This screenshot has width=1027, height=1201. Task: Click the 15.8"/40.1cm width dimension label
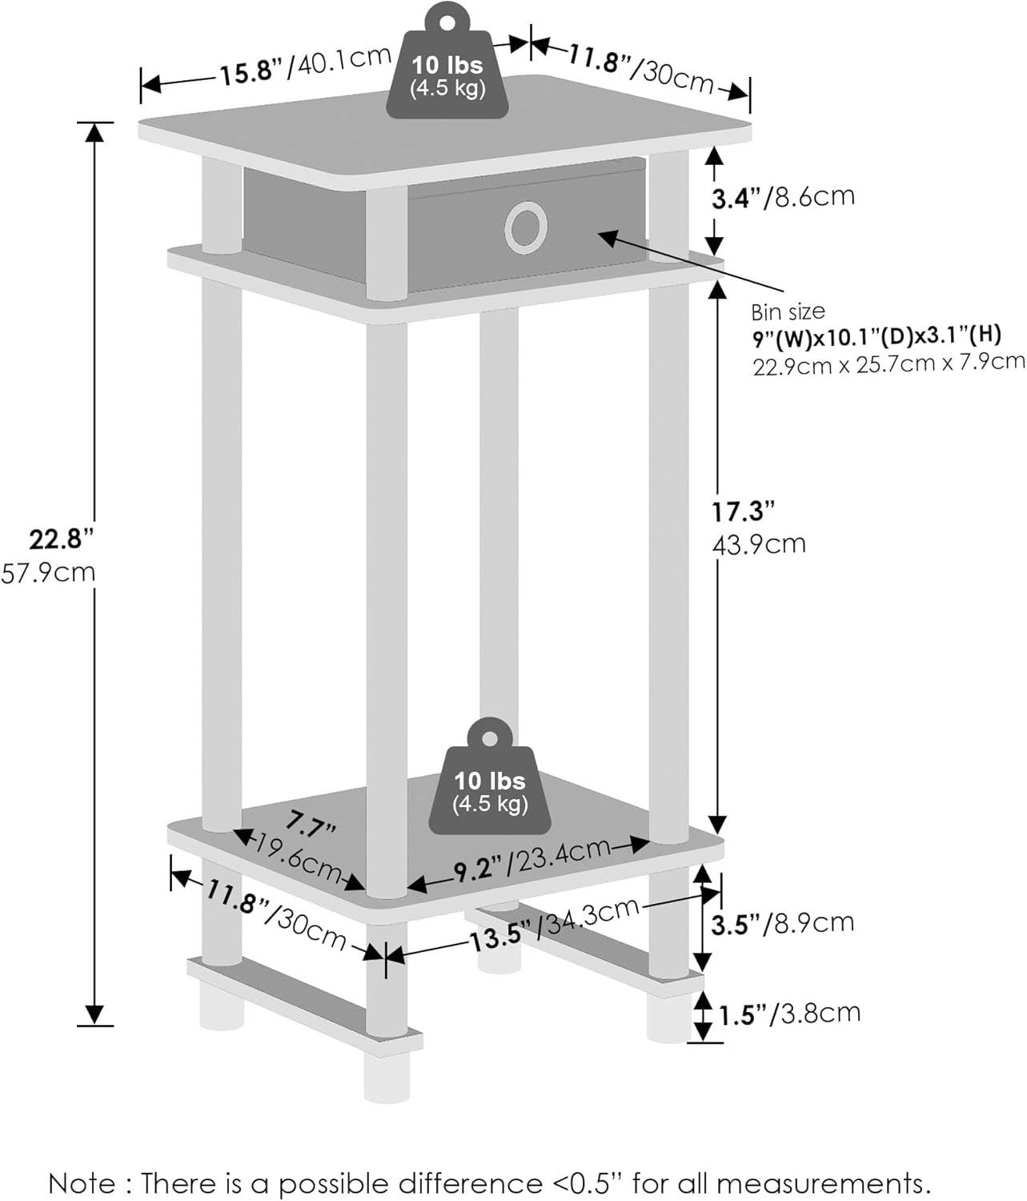pyautogui.click(x=306, y=65)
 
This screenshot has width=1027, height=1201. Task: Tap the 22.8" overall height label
pyautogui.click(x=61, y=539)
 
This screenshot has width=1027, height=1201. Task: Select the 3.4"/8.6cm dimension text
pyautogui.click(x=783, y=198)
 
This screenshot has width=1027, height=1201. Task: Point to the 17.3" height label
pyautogui.click(x=744, y=512)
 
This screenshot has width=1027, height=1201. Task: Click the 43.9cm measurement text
pyautogui.click(x=759, y=544)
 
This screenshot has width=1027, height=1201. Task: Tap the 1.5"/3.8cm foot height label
pyautogui.click(x=789, y=1014)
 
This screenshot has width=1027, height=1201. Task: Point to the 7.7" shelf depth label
pyautogui.click(x=311, y=825)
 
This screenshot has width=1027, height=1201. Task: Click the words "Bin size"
pyautogui.click(x=788, y=312)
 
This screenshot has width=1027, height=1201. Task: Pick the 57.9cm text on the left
pyautogui.click(x=48, y=573)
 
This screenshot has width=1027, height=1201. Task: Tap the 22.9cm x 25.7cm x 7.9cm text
pyautogui.click(x=889, y=364)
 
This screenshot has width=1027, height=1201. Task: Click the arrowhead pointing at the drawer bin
pyautogui.click(x=608, y=237)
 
